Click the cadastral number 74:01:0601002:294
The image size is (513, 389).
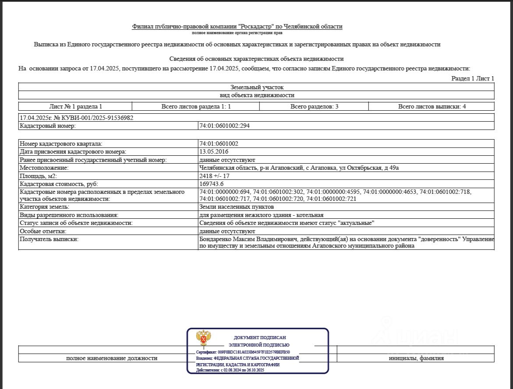(224, 126)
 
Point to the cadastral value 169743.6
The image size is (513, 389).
(212, 184)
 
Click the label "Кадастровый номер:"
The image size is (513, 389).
(48, 126)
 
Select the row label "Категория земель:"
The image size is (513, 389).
(45, 207)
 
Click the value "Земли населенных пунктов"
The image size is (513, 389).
(237, 207)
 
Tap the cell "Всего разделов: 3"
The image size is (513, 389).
(314, 106)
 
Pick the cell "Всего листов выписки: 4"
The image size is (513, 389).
(432, 106)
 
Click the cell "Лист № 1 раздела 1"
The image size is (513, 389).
(75, 106)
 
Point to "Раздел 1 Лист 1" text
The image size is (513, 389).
(473, 78)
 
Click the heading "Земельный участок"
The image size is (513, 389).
(257, 87)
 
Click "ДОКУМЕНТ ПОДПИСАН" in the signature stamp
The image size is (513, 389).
(260, 337)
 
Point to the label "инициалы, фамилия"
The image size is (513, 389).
(416, 358)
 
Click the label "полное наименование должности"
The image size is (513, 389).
(112, 358)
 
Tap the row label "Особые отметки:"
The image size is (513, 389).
(43, 231)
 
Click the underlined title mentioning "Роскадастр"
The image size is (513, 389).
(237, 27)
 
